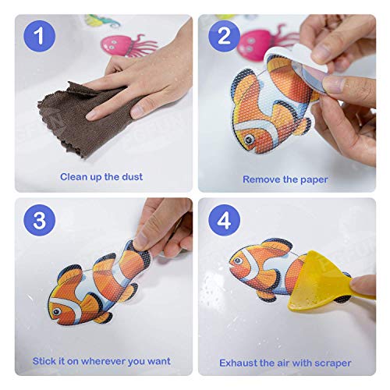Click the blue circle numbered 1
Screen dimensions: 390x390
coord(39,37)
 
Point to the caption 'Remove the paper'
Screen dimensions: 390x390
coord(285,179)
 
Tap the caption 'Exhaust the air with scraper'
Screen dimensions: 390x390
coord(285,363)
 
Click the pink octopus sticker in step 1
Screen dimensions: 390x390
coord(124,44)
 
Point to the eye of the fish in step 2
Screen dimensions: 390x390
coord(248,140)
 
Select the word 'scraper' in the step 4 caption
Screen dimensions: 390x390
coord(331,363)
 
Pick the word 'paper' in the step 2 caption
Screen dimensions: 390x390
coord(312,179)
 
